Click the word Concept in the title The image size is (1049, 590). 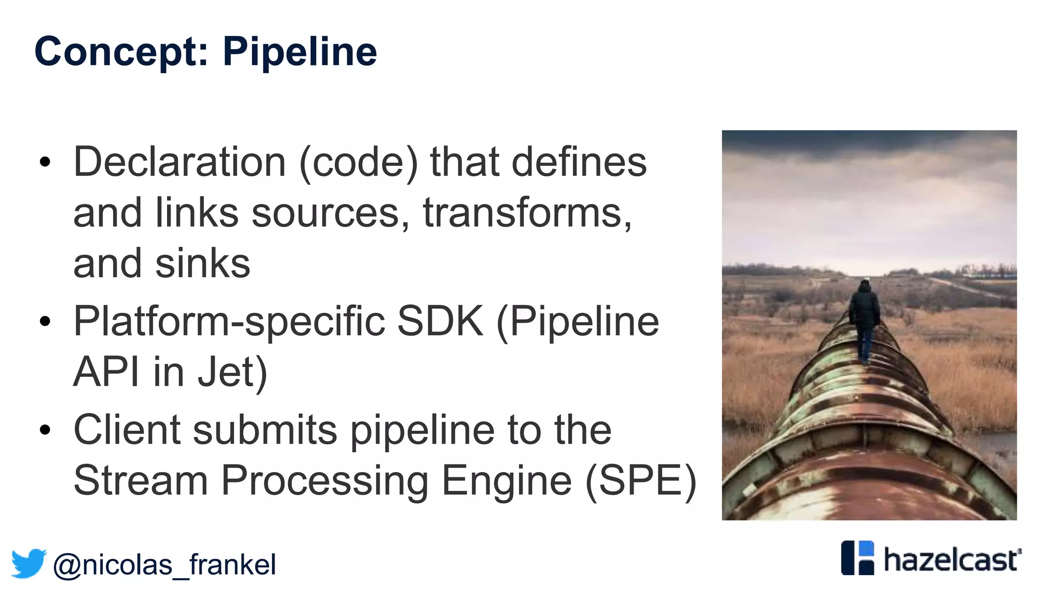[x=121, y=52]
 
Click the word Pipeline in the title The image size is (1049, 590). [x=300, y=52]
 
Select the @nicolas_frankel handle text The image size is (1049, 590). [x=164, y=565]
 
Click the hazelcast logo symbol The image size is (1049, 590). [x=857, y=558]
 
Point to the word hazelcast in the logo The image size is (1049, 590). [x=951, y=560]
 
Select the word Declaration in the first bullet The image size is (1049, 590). [x=179, y=162]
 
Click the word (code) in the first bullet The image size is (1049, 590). [x=359, y=162]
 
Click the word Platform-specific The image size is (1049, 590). [x=229, y=321]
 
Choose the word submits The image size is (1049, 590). [x=265, y=430]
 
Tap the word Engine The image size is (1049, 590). [x=506, y=480]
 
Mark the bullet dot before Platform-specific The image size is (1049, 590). [x=45, y=322]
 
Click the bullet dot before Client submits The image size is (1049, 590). [x=45, y=430]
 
